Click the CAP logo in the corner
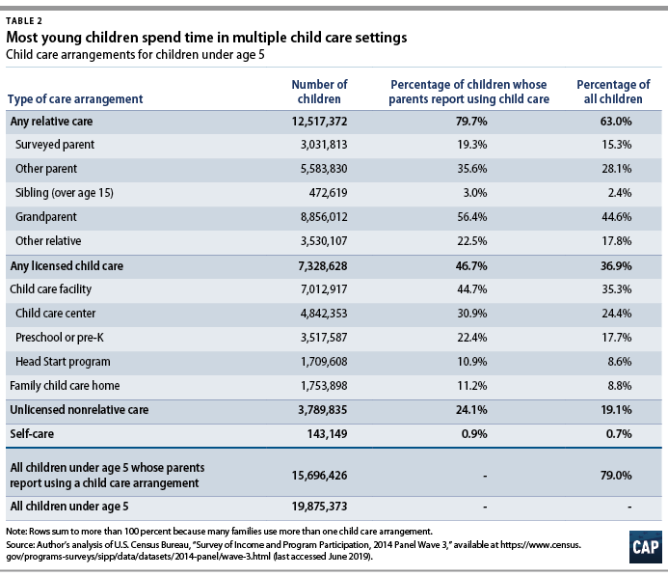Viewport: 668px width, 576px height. click(646, 547)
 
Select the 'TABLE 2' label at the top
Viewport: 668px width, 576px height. click(24, 21)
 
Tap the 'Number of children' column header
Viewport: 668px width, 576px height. click(319, 92)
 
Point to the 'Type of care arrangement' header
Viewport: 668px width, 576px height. click(75, 99)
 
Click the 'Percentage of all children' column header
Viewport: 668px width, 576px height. click(613, 92)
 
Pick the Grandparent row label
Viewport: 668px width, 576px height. click(46, 217)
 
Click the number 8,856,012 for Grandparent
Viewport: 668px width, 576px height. click(324, 217)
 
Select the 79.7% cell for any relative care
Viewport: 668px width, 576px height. click(471, 122)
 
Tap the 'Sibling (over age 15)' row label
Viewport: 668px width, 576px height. click(65, 193)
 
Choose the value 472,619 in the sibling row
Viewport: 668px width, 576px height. click(328, 193)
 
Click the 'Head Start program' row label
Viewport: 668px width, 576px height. click(63, 362)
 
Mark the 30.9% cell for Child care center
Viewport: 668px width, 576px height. click(472, 314)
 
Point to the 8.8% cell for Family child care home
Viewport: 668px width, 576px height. click(620, 386)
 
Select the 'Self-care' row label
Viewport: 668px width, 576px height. click(32, 434)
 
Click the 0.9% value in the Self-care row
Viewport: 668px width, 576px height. click(474, 434)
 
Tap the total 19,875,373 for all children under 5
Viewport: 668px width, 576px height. click(319, 507)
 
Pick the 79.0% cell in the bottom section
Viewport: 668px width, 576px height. click(616, 476)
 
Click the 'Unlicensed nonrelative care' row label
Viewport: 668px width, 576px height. click(79, 410)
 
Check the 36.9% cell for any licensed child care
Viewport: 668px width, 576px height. click(616, 266)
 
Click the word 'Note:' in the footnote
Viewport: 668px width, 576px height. click(16, 532)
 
